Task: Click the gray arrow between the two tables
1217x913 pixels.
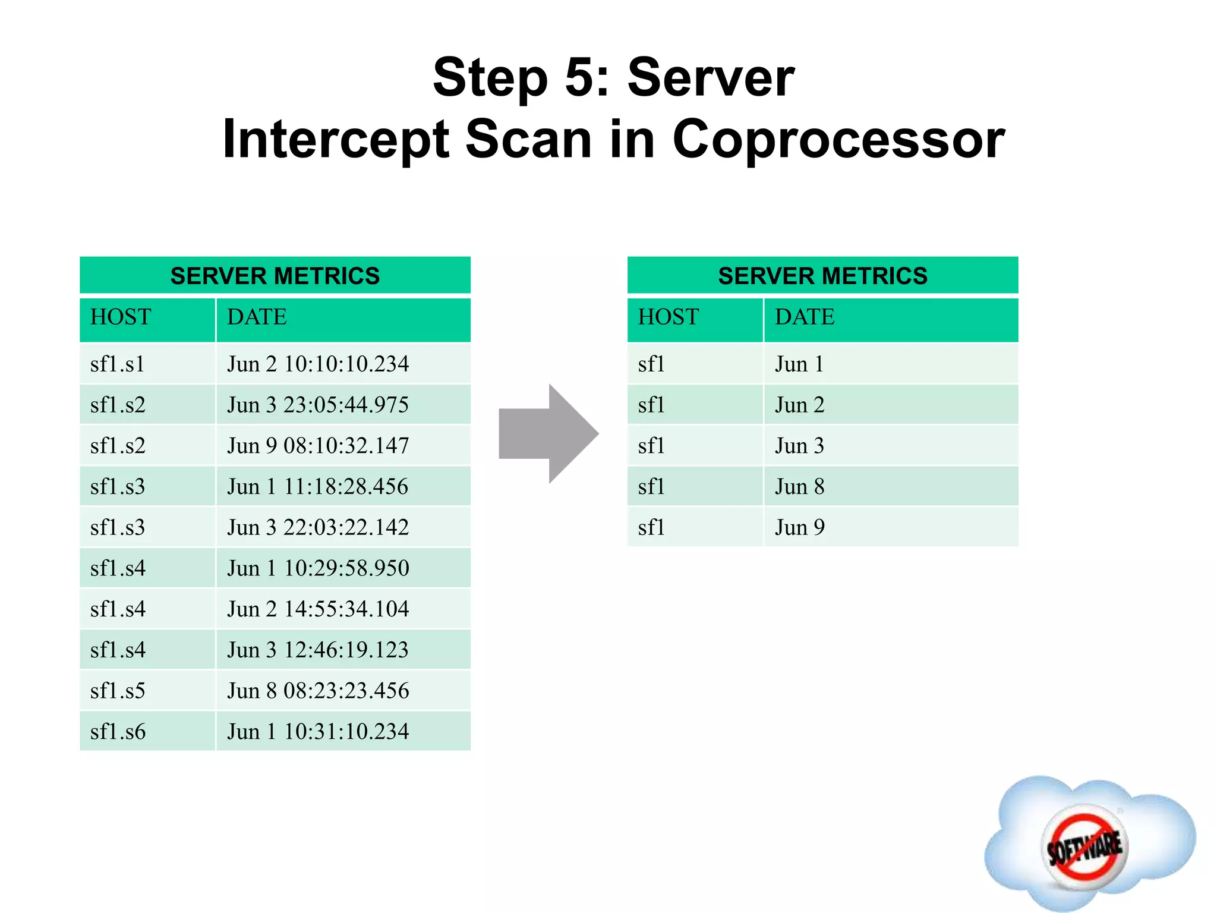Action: tap(548, 433)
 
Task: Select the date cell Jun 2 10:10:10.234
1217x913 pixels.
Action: tap(318, 364)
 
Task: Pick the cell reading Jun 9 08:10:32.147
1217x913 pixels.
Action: tap(318, 445)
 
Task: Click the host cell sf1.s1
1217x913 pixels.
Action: tap(118, 364)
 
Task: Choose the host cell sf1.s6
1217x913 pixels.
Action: tap(118, 731)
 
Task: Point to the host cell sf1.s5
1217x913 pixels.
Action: tap(118, 690)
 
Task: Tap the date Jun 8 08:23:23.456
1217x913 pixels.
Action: tap(318, 690)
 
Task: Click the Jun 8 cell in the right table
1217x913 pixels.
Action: tap(799, 486)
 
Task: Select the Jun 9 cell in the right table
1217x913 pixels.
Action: tap(799, 527)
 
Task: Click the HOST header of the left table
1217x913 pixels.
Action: tap(121, 317)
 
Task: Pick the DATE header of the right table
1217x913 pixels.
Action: tap(805, 317)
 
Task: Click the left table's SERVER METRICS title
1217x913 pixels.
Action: tap(275, 276)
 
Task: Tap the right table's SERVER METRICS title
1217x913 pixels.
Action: tap(822, 276)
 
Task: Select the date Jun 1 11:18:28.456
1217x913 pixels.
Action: tap(318, 486)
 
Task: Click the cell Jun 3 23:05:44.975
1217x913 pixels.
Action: tap(318, 405)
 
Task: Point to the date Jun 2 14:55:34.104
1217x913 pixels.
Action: tap(318, 609)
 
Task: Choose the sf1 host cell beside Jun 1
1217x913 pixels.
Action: tap(651, 364)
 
